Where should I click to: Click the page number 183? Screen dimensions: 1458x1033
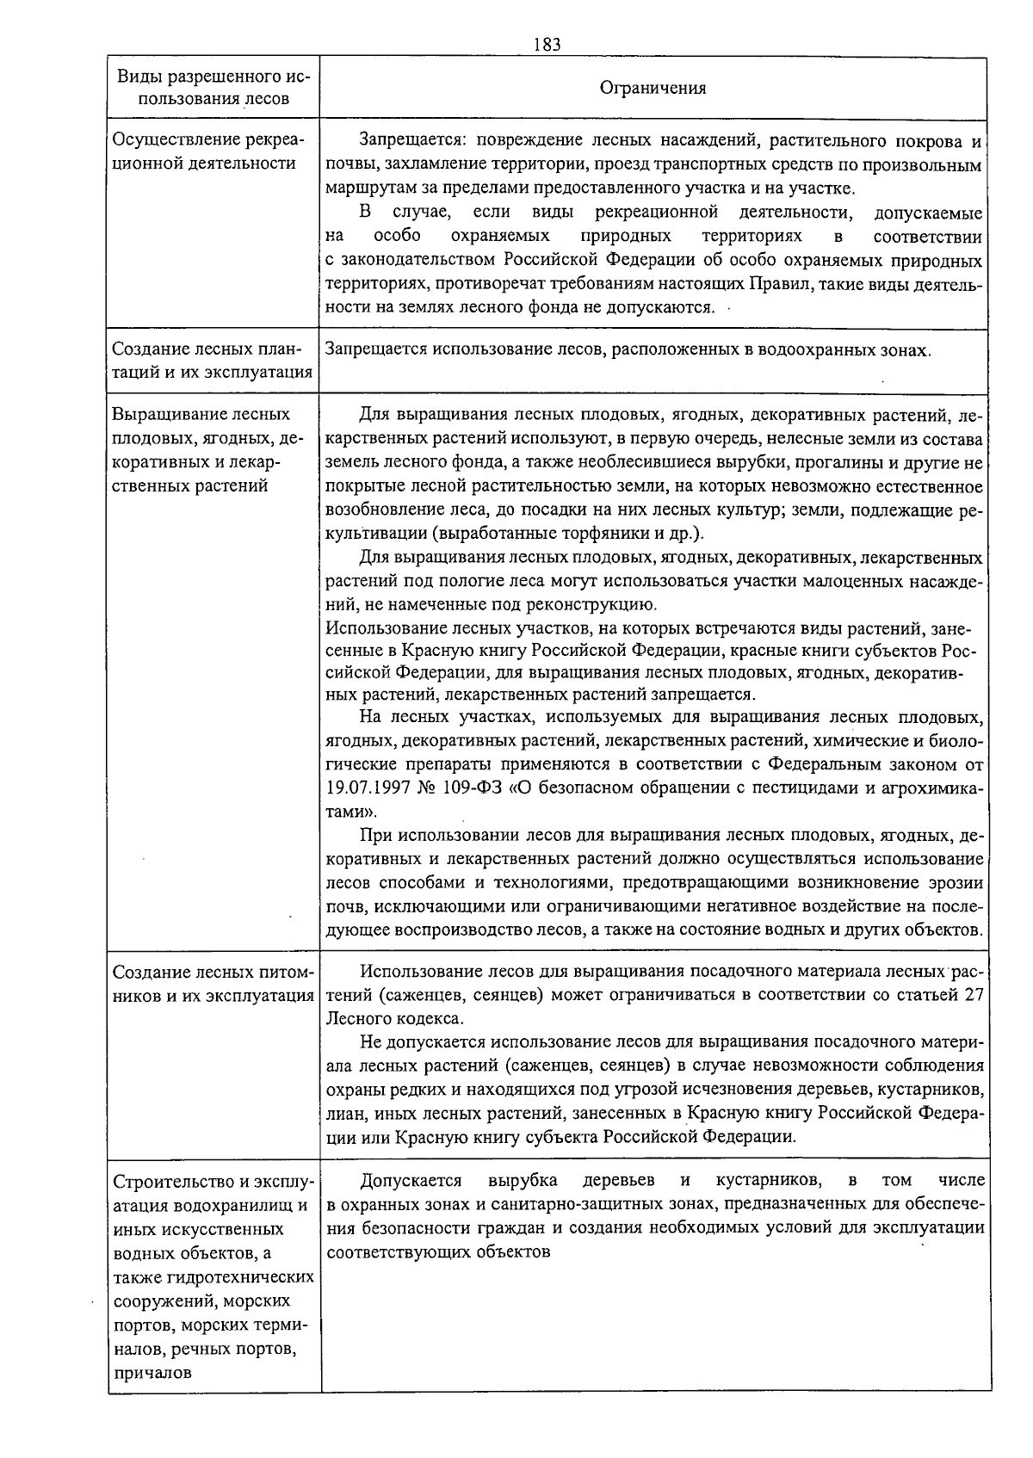(546, 45)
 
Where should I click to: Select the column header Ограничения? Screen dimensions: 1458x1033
(653, 88)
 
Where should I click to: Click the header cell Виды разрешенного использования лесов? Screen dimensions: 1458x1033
(213, 88)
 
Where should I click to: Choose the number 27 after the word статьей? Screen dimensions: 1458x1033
(974, 995)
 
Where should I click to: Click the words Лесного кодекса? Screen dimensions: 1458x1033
(394, 1019)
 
